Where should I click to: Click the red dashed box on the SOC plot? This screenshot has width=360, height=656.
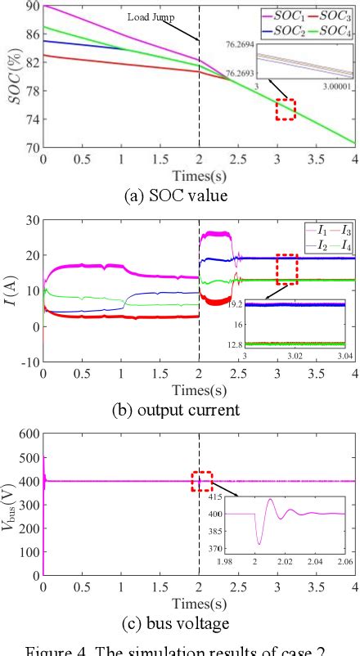[285, 109]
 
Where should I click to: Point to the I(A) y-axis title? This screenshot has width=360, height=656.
[11, 290]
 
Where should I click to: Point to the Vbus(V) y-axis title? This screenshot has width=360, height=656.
[10, 505]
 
